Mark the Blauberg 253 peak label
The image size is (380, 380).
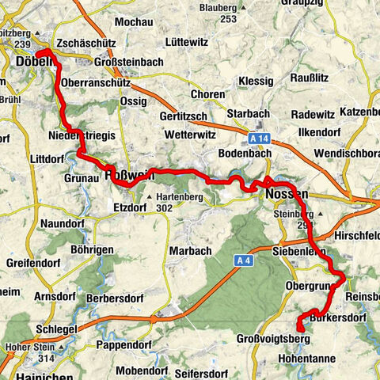[218, 12]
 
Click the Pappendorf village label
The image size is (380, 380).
[123, 345]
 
